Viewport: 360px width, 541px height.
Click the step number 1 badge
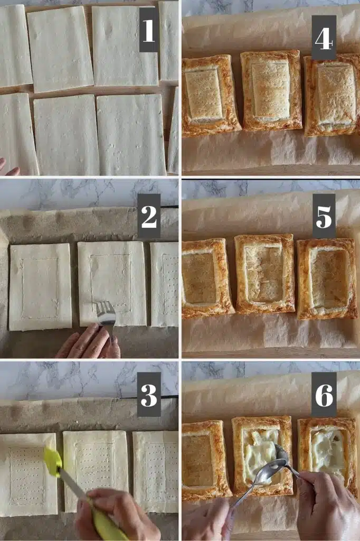[x=149, y=30]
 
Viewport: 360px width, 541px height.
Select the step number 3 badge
[x=149, y=394]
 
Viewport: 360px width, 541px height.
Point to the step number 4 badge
[x=324, y=38]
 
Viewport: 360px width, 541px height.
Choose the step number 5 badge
[x=324, y=216]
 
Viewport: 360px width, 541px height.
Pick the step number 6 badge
[x=324, y=394]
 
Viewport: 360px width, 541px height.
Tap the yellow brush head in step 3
[x=53, y=461]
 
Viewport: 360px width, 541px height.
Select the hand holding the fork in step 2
[x=89, y=342]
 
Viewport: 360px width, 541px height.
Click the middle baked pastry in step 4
[x=271, y=91]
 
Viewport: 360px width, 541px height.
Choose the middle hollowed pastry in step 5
[x=265, y=273]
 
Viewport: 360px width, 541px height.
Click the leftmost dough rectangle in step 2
[x=40, y=287]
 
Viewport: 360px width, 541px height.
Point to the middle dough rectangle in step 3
[x=96, y=471]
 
